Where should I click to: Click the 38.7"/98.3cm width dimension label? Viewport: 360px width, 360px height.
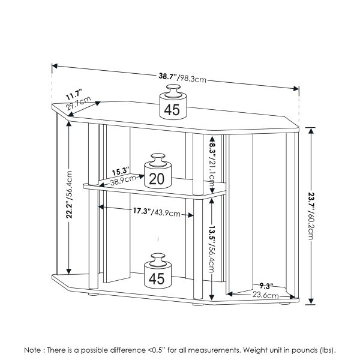click(x=183, y=78)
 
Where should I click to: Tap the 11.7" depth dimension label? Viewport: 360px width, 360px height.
click(x=74, y=94)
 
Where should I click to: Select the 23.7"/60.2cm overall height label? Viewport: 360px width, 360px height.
click(x=311, y=216)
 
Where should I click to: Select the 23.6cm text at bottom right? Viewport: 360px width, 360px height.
click(x=264, y=295)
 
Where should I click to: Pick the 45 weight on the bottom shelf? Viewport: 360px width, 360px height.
click(x=157, y=273)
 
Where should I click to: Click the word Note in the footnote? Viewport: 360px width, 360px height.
click(x=33, y=349)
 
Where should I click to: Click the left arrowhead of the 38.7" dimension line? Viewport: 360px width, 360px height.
click(x=55, y=66)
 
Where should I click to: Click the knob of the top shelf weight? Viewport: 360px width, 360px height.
click(x=172, y=89)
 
